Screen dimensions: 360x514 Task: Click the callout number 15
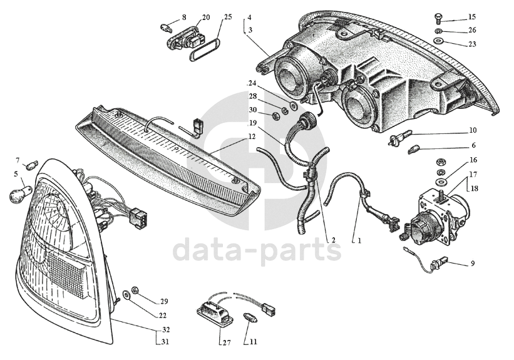point(471,17)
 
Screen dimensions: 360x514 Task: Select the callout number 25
point(227,17)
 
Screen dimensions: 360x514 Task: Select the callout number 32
point(165,330)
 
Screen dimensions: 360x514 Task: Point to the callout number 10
point(472,131)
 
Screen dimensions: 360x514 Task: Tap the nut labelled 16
point(440,162)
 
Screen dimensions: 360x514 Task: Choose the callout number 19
point(253,123)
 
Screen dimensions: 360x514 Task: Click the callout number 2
point(333,240)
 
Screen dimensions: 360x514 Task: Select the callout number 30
point(253,110)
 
